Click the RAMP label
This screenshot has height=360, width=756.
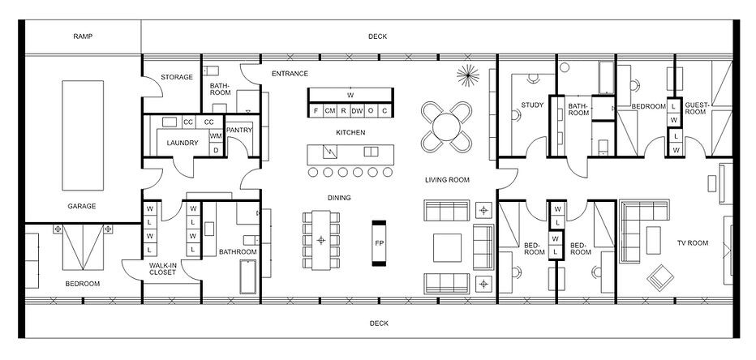coord(83,36)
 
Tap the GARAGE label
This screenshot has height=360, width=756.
coord(81,206)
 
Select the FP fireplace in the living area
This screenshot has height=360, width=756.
coord(379,243)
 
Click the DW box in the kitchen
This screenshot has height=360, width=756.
coord(357,111)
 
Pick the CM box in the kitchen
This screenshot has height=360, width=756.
coord(330,111)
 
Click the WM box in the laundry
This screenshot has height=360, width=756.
coord(216,136)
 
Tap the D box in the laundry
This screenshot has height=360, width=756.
coord(216,150)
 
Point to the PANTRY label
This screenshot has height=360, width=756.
coord(239,130)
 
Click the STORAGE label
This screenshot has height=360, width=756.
coord(177,77)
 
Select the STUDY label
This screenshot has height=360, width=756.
coord(532,105)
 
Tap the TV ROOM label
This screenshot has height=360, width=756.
coord(693,243)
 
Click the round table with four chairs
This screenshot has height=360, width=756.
coord(446,127)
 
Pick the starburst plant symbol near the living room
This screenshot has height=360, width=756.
coord(468,75)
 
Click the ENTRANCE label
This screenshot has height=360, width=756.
coord(290,74)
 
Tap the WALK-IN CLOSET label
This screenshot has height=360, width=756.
coord(162,269)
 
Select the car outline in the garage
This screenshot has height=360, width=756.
coord(83,135)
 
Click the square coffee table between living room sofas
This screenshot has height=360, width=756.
coord(447,247)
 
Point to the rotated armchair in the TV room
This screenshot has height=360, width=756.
coord(660,277)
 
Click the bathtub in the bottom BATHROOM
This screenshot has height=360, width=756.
coord(248,277)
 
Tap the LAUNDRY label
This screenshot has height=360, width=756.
coord(183,144)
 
